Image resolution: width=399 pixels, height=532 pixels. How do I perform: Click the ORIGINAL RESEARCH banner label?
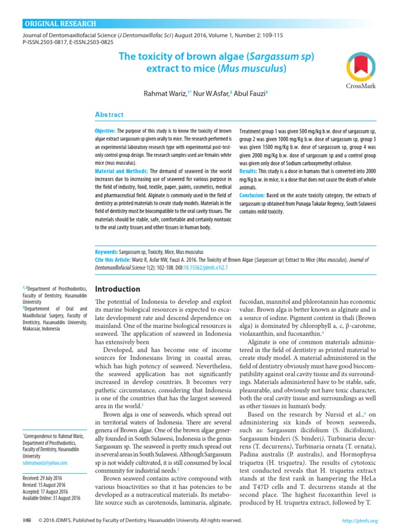(61, 24)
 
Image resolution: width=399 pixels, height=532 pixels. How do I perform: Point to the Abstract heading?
(109, 114)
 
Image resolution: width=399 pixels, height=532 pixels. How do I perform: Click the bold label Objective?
(105, 131)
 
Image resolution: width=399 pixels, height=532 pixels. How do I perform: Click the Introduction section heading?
(118, 289)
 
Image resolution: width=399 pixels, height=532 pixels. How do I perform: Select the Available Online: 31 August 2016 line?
(51, 498)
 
